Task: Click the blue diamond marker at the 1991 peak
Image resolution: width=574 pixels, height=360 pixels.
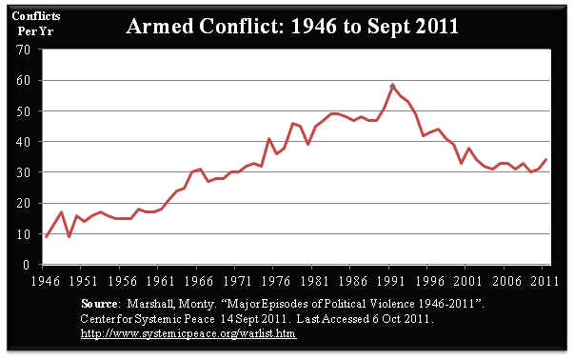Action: (392, 87)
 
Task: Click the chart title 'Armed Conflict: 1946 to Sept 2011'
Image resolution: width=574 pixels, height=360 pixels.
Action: (291, 27)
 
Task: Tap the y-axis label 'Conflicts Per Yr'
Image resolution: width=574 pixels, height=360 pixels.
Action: (36, 24)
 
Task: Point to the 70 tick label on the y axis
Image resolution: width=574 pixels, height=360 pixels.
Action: (23, 50)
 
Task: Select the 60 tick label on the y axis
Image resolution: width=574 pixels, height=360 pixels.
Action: (23, 80)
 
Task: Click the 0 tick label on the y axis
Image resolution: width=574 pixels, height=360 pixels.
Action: (26, 265)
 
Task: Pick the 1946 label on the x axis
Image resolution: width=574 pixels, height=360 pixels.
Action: (46, 281)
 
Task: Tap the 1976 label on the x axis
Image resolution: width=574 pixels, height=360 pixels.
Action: (276, 281)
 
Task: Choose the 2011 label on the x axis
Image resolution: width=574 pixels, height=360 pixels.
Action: (544, 281)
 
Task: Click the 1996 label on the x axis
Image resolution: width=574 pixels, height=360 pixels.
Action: (430, 281)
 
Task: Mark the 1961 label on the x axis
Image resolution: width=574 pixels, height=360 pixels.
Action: (161, 281)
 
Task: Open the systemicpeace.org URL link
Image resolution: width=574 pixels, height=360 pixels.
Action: (188, 333)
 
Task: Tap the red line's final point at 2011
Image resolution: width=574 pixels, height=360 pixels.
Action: (546, 159)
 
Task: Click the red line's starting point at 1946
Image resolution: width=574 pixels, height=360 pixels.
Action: (46, 236)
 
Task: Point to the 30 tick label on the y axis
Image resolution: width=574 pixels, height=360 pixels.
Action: (23, 172)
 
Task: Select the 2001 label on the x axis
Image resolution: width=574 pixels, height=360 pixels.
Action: (467, 281)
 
